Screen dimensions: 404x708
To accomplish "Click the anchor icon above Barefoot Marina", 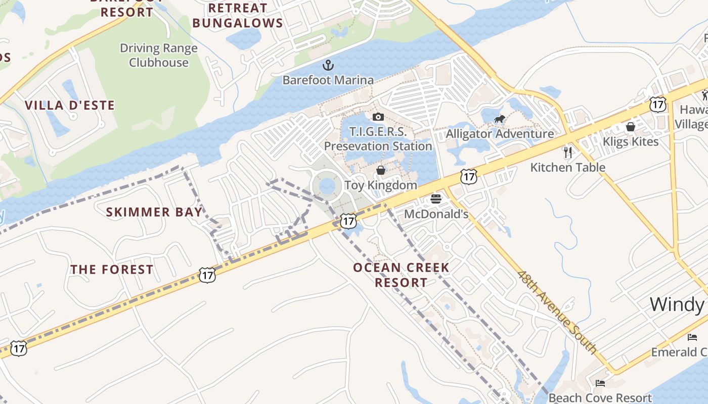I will tap(328, 65).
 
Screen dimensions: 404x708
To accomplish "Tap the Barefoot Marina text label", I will tap(328, 80).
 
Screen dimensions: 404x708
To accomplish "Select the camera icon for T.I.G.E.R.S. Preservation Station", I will tap(378, 117).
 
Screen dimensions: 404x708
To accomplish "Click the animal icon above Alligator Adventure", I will tap(500, 119).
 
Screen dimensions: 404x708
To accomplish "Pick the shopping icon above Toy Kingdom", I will tap(380, 170).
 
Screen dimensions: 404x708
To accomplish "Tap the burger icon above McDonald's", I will tap(436, 198).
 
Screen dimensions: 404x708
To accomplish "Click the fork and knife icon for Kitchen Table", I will tap(568, 152).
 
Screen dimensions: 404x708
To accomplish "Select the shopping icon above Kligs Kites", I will tap(631, 126).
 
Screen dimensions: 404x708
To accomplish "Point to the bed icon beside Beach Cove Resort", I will tap(600, 383).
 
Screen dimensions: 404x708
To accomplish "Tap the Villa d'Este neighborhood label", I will tap(70, 106).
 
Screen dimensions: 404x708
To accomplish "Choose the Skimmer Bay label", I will tap(154, 212).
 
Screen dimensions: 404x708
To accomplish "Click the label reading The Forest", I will tap(112, 270).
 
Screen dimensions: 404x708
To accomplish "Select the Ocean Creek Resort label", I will tap(401, 275).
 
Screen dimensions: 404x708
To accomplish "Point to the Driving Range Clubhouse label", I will tap(158, 56).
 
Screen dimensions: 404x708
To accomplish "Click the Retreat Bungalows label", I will tap(238, 16).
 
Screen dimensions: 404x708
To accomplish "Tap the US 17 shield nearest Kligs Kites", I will tap(658, 105).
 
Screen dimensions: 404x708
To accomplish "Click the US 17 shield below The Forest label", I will tap(207, 275).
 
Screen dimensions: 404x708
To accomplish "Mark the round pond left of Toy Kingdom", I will tap(327, 186).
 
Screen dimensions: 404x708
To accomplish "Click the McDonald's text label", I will tap(436, 214).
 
